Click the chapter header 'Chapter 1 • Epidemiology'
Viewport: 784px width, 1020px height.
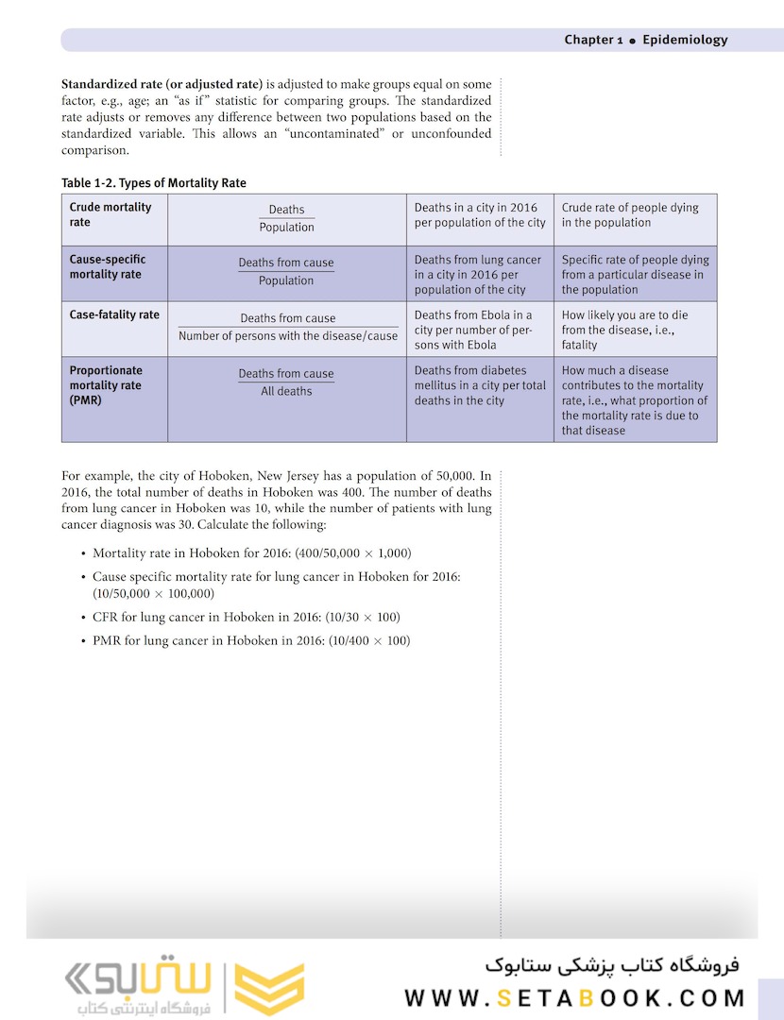645,40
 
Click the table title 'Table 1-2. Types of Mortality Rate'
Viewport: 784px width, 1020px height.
153,182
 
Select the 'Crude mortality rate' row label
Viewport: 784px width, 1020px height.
110,214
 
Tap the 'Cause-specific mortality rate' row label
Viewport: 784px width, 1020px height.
107,266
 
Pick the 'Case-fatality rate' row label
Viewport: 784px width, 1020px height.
114,314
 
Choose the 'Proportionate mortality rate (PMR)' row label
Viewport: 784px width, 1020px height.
106,385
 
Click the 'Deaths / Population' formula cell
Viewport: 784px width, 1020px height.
286,219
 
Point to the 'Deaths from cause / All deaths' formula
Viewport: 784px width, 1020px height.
286,382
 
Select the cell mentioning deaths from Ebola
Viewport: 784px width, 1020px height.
475,330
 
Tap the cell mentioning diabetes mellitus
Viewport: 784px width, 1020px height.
480,385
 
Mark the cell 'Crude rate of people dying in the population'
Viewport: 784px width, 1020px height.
630,215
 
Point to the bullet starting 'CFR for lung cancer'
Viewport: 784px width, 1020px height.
246,617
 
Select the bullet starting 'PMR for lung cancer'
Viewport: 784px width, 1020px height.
251,640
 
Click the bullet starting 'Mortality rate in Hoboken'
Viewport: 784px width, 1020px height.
251,552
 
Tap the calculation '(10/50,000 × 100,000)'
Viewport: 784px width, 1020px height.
153,593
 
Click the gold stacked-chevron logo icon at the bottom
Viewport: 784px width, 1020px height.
269,988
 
